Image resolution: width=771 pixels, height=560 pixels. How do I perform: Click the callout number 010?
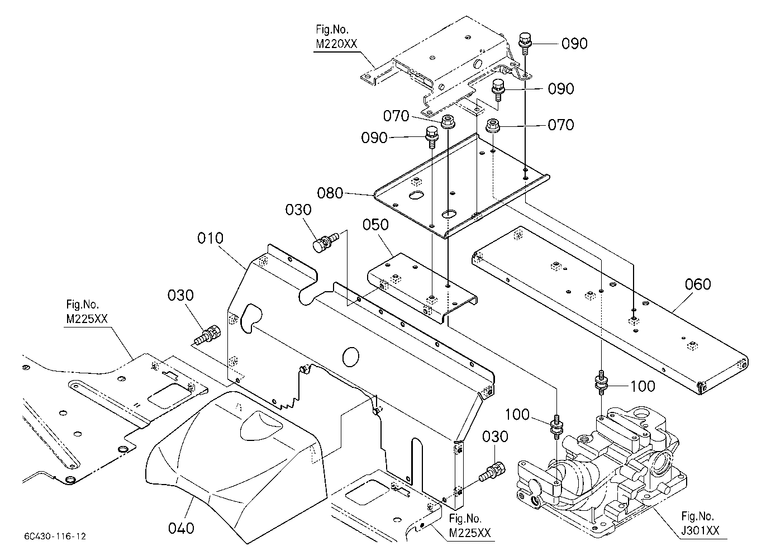click(210, 238)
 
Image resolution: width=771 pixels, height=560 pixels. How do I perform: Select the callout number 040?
click(181, 528)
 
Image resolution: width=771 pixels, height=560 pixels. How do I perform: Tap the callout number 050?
click(375, 225)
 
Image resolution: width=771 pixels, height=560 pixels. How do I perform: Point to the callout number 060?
click(698, 284)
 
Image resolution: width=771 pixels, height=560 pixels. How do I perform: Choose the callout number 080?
click(330, 193)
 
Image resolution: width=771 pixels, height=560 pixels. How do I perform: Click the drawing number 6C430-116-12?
click(55, 536)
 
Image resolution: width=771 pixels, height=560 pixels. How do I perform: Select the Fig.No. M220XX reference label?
click(336, 36)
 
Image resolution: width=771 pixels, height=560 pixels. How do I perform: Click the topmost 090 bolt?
click(525, 44)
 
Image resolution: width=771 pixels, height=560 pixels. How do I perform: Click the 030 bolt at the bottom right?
click(492, 472)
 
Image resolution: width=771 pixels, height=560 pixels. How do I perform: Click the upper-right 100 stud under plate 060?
click(601, 383)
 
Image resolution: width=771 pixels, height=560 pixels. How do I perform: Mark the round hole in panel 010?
click(351, 357)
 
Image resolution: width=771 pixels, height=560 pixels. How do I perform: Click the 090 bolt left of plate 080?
click(431, 137)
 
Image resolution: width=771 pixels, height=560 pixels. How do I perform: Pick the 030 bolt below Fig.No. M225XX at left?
click(207, 334)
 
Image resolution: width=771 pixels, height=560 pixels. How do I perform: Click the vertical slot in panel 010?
click(416, 461)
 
